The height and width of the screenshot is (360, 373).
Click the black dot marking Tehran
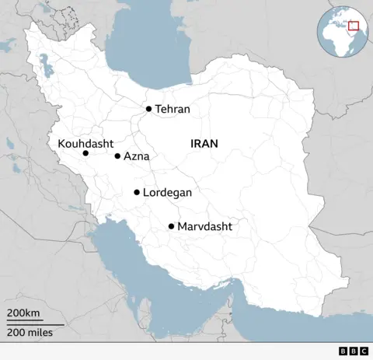[148, 109]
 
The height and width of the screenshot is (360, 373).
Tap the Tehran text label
[173, 110]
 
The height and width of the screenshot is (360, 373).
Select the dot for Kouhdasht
[85, 153]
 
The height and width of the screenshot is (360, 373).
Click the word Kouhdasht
[85, 144]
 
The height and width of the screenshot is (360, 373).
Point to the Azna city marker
[117, 156]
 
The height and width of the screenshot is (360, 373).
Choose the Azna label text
[136, 156]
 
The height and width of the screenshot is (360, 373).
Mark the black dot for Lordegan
[137, 192]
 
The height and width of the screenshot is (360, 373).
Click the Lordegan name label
[167, 192]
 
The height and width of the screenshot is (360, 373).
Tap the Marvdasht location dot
[171, 226]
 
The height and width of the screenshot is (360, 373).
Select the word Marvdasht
[204, 226]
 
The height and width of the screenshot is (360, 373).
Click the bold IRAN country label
[204, 144]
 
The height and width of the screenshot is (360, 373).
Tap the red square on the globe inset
[354, 26]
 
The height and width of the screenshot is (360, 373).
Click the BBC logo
[354, 351]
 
